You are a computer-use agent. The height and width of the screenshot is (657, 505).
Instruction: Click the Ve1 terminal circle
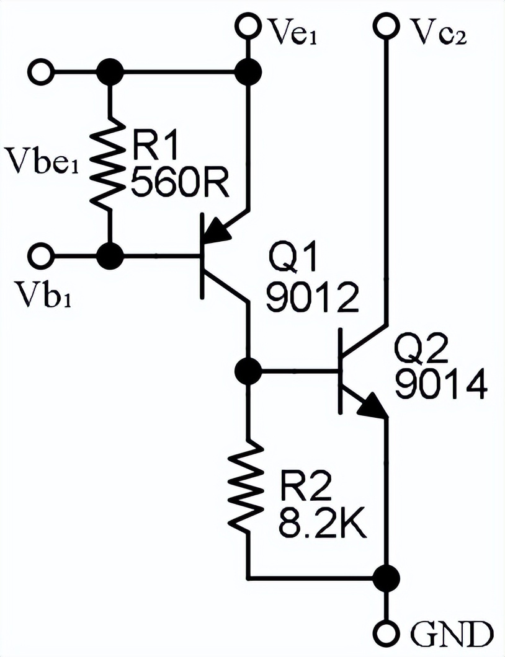click(248, 26)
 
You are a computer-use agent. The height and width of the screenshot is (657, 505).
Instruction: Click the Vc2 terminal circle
click(387, 26)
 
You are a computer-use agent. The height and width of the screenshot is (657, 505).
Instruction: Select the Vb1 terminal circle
click(42, 254)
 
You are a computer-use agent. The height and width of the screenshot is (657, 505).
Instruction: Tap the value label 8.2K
click(323, 527)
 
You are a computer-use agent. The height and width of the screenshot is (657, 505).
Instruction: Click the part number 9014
click(441, 386)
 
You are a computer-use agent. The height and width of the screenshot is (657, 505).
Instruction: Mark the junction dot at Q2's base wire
click(249, 371)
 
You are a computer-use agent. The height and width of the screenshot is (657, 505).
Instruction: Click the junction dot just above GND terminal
click(387, 578)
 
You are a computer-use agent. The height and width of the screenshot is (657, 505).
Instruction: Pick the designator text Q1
click(292, 257)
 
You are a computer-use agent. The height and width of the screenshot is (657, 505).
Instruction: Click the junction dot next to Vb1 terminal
click(111, 255)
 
